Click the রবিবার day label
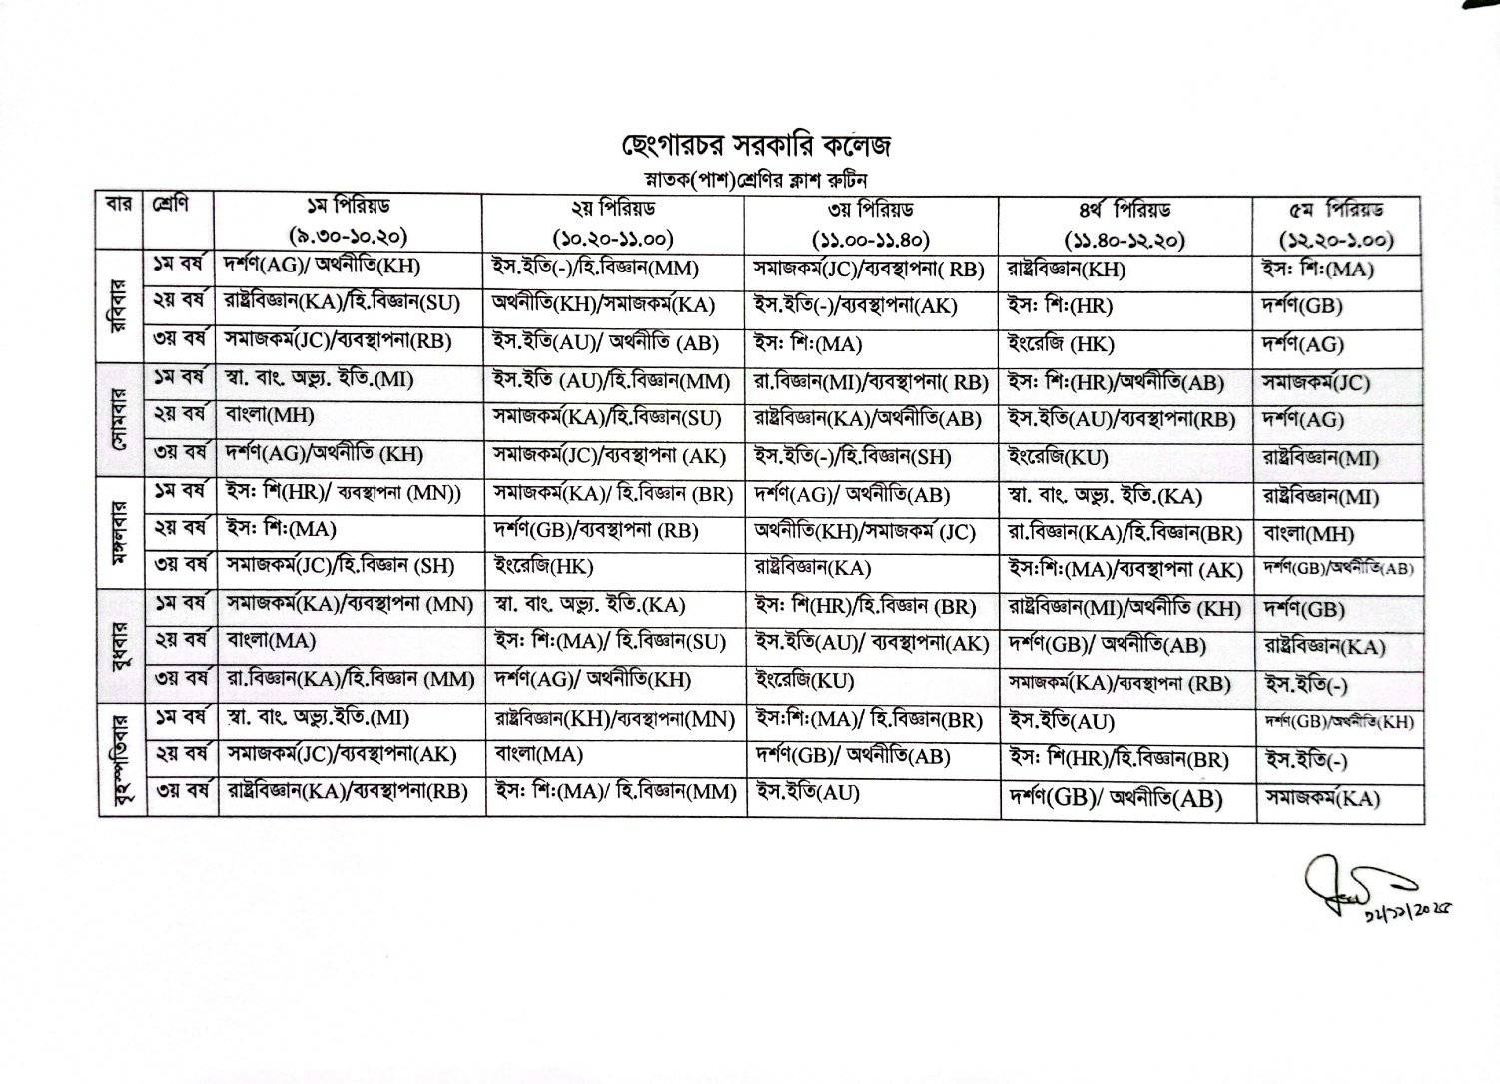pos(121,303)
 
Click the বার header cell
pos(120,206)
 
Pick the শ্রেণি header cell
pos(170,205)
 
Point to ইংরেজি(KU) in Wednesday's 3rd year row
pos(803,681)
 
